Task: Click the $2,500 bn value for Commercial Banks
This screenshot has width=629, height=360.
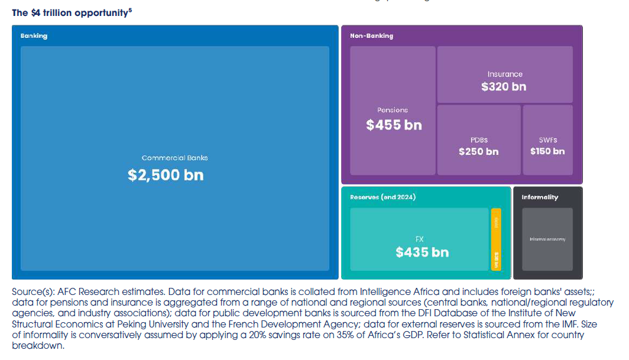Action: [x=166, y=175]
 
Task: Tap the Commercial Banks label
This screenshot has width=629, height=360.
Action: [x=174, y=158]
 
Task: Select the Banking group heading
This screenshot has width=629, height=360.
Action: [x=34, y=35]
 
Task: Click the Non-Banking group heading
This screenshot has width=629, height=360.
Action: [x=371, y=35]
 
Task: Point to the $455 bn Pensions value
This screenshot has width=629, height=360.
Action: [x=394, y=125]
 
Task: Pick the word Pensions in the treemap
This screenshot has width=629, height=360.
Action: [x=393, y=110]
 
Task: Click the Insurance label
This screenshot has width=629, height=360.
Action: [x=505, y=74]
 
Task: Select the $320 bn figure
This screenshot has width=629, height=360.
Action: [x=504, y=86]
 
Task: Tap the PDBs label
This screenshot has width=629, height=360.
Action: [x=479, y=140]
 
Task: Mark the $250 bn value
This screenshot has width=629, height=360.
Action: [x=478, y=151]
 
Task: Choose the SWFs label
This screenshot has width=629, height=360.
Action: [x=547, y=140]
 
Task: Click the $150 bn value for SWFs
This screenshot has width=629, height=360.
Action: [x=547, y=151]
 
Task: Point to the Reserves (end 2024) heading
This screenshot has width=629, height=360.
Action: [x=382, y=197]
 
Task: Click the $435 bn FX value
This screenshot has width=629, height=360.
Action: [x=422, y=252]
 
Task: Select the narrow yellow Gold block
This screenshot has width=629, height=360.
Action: [x=496, y=239]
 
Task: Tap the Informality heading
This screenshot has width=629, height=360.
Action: [x=540, y=197]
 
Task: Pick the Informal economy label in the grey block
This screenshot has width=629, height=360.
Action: [x=547, y=239]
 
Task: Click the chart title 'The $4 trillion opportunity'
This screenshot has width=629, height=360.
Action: [x=69, y=13]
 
